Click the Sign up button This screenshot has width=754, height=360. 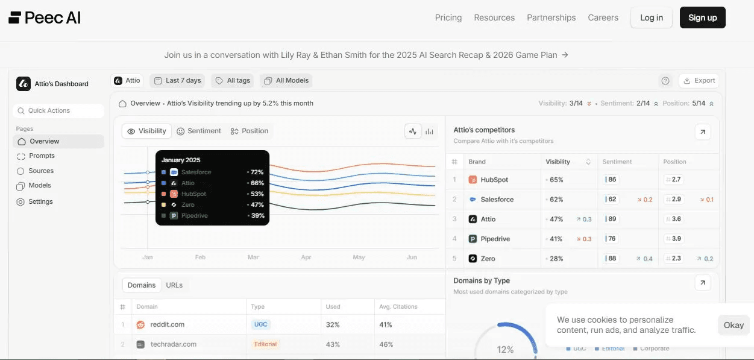pyautogui.click(x=703, y=17)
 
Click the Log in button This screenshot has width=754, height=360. pyautogui.click(x=652, y=17)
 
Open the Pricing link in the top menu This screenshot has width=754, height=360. pyautogui.click(x=448, y=17)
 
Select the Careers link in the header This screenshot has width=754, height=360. pyautogui.click(x=603, y=17)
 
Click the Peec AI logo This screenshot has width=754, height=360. pyautogui.click(x=45, y=17)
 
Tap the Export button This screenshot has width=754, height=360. pyautogui.click(x=699, y=80)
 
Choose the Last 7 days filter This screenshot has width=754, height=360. pyautogui.click(x=177, y=80)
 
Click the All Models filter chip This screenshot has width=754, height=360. pyautogui.click(x=286, y=80)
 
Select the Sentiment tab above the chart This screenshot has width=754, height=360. pyautogui.click(x=199, y=131)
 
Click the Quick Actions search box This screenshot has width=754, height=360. pyautogui.click(x=58, y=111)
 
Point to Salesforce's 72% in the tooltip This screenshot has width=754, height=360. pyautogui.click(x=257, y=172)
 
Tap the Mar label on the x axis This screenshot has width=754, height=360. pyautogui.click(x=253, y=257)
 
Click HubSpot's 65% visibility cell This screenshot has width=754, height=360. pyautogui.click(x=556, y=180)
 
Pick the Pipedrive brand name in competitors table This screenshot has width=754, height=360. pyautogui.click(x=495, y=239)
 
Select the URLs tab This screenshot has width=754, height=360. pyautogui.click(x=174, y=285)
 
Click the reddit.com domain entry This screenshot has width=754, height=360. pyautogui.click(x=168, y=324)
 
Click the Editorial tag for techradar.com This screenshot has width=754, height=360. pyautogui.click(x=265, y=344)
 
